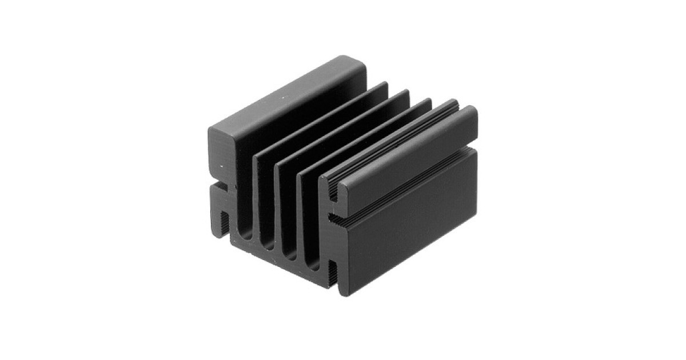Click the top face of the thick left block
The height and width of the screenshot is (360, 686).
[286, 97]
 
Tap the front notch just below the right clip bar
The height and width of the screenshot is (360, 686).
[334, 219]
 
